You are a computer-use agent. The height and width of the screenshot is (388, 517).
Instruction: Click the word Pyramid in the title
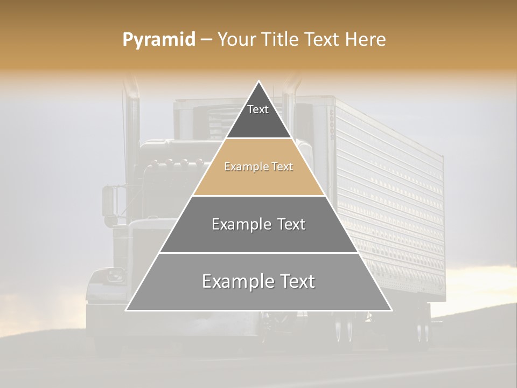point(158,40)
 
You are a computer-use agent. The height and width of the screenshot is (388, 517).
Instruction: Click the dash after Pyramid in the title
point(206,40)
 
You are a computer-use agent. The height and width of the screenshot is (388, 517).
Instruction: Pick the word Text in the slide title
point(323,40)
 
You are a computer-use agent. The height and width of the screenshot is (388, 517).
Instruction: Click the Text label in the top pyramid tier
point(258,109)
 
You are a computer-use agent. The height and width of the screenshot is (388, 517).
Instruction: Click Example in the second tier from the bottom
point(237,224)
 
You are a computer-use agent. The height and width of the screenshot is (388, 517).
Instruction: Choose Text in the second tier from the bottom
point(289,224)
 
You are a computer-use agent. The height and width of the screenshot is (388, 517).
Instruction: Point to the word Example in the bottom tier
point(233,281)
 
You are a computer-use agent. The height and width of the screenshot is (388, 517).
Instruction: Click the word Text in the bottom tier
point(295,281)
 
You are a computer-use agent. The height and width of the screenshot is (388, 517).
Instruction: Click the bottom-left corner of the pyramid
point(126,310)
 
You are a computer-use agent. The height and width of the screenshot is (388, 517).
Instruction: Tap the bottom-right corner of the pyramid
point(392,310)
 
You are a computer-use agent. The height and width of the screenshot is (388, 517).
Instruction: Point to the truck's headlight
point(115,276)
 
